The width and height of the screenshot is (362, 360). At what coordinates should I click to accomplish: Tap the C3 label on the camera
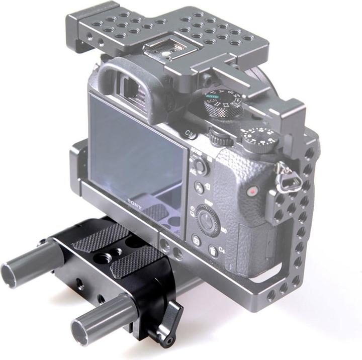(x=190, y=133)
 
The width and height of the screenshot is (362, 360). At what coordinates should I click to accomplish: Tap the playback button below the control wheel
(x=196, y=240)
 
